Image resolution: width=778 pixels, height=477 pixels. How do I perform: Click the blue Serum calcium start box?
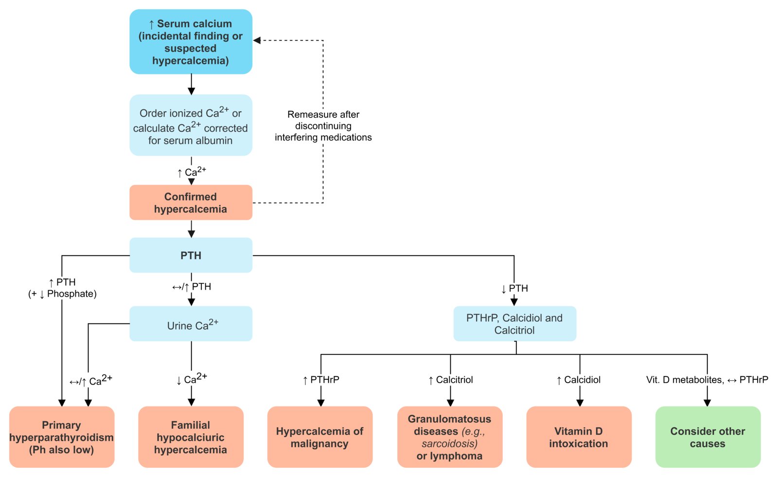point(191,42)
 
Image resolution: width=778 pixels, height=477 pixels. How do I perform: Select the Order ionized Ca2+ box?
point(191,125)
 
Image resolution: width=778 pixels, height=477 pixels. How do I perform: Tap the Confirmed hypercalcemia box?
point(191,203)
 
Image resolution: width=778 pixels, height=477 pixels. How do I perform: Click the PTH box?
point(191,255)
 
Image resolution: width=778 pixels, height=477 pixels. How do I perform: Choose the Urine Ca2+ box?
point(191,324)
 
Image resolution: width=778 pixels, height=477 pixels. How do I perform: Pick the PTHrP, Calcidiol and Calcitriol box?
point(515,324)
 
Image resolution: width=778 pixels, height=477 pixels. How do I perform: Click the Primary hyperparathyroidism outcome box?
point(62,437)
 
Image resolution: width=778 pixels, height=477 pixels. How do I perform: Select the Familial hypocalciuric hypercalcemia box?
point(191,437)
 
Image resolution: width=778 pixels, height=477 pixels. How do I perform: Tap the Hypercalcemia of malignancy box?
point(320,437)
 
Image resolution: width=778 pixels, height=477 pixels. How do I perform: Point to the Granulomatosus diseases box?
point(450,437)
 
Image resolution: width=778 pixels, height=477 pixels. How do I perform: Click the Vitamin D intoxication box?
point(579,437)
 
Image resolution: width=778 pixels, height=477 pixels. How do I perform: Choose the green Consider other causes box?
point(708,437)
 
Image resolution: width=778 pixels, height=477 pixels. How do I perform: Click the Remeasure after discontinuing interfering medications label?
point(323,126)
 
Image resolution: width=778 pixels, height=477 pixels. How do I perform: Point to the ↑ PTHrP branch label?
point(321,380)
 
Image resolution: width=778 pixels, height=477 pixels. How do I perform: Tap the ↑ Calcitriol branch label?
point(451,380)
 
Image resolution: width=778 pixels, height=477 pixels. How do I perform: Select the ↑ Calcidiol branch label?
point(578,380)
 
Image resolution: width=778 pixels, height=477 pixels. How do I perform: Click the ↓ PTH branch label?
point(514,289)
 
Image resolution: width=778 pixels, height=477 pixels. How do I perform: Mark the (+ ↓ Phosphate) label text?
point(63,294)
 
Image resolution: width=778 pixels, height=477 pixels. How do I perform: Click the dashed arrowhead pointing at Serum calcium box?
point(257,40)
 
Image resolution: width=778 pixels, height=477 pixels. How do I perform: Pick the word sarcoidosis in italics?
point(449,443)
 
